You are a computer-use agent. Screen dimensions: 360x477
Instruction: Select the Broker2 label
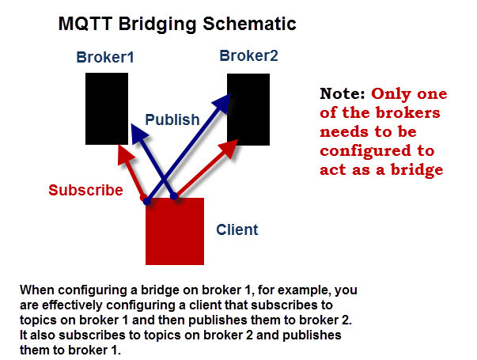(248, 56)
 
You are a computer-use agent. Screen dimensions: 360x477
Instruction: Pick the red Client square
(175, 230)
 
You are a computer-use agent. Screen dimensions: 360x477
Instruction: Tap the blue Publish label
(173, 120)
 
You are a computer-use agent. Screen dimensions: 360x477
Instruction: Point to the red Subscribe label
(85, 191)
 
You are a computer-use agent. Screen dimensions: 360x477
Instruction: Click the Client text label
(237, 230)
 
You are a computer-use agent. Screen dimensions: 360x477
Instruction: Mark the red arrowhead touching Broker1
(123, 150)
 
